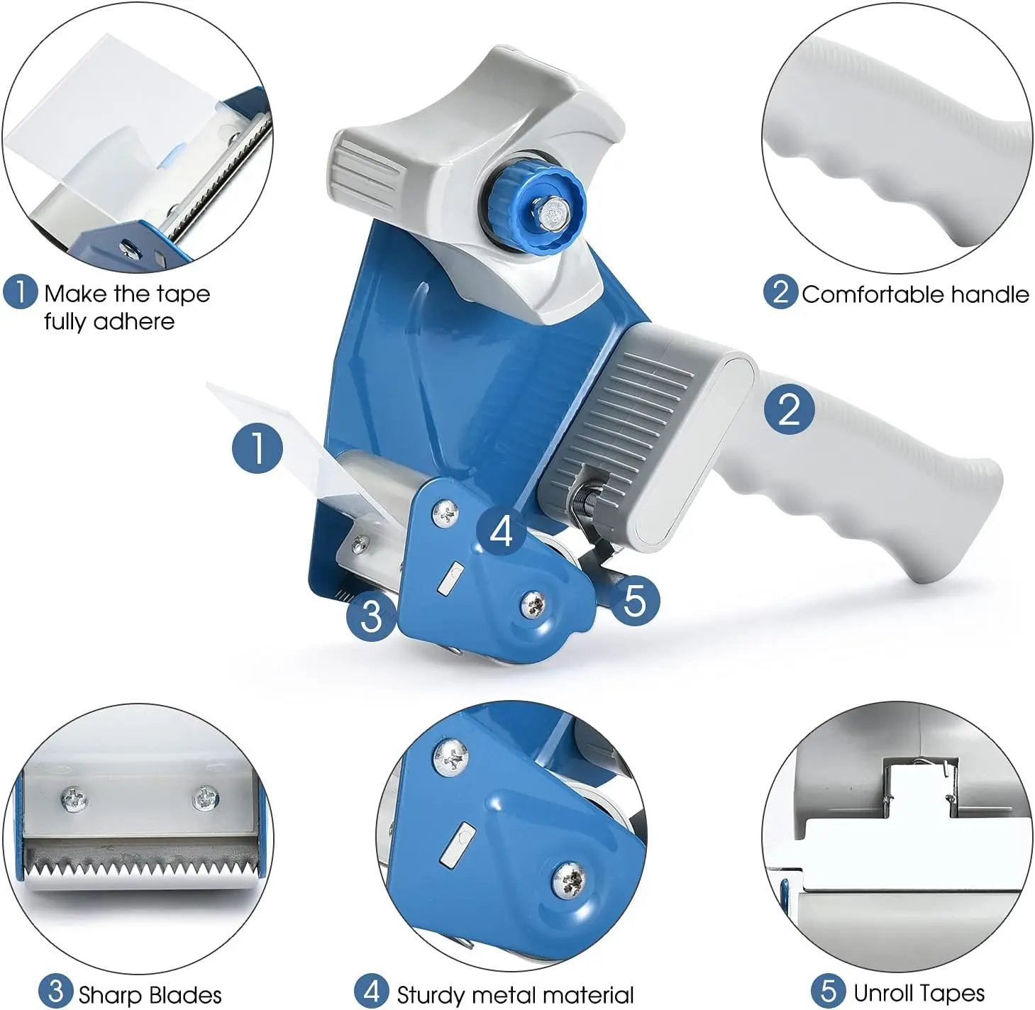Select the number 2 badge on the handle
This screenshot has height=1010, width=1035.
789,409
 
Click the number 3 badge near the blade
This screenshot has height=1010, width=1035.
371,614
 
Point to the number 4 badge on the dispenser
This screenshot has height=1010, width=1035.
501,531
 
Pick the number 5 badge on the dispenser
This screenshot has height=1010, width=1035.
634,601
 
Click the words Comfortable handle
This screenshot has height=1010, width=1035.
914,294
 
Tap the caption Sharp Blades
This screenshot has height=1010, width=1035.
150,994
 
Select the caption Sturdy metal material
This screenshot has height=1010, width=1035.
514,994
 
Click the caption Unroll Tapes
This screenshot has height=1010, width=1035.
918,993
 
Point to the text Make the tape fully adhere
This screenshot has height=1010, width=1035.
126,307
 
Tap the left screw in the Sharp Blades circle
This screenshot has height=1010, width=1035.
74,801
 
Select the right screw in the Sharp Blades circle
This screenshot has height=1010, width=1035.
206,799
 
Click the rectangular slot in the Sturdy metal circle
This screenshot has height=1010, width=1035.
457,844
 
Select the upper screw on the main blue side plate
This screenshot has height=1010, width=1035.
447,511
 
